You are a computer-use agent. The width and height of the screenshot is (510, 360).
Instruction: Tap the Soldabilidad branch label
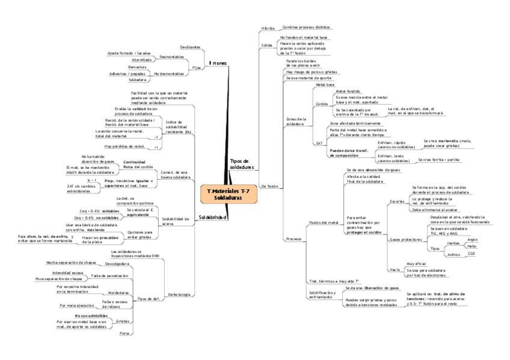[x=213, y=217]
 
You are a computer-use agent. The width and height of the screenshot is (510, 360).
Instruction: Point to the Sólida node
[x=266, y=46]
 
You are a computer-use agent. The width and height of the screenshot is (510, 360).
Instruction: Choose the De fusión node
[x=270, y=187]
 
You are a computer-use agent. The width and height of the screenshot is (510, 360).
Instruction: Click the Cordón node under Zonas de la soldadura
[x=322, y=104]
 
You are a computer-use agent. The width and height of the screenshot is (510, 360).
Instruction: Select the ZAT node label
[x=319, y=144]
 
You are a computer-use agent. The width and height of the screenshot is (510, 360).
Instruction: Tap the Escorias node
[x=398, y=201]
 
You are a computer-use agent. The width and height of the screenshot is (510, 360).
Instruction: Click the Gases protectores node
[x=405, y=240]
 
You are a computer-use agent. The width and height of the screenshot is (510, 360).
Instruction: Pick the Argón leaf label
[x=472, y=239]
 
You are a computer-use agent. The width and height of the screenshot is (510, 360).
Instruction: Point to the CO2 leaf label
[x=472, y=254]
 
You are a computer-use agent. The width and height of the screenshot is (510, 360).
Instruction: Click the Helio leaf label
[x=472, y=246]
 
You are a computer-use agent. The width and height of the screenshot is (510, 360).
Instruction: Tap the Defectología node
[x=179, y=294]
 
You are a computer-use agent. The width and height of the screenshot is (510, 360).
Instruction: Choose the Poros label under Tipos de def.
[x=125, y=333]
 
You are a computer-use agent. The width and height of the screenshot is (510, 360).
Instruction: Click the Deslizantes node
[x=189, y=47]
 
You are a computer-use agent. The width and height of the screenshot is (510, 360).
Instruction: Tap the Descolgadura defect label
[x=116, y=264]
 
